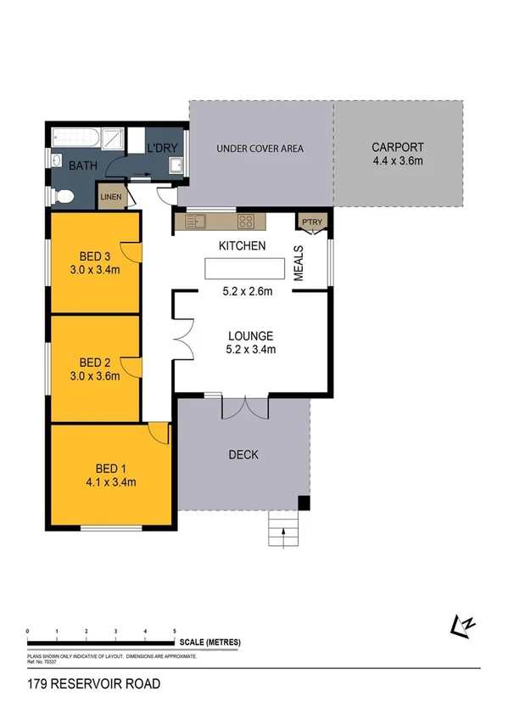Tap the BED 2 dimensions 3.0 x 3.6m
(x=96, y=371)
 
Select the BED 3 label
(x=96, y=256)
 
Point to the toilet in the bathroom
(x=64, y=197)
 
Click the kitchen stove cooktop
(x=246, y=222)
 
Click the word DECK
(x=243, y=455)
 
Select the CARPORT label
(x=397, y=148)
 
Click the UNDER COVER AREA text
(x=260, y=149)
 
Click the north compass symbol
(x=463, y=624)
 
